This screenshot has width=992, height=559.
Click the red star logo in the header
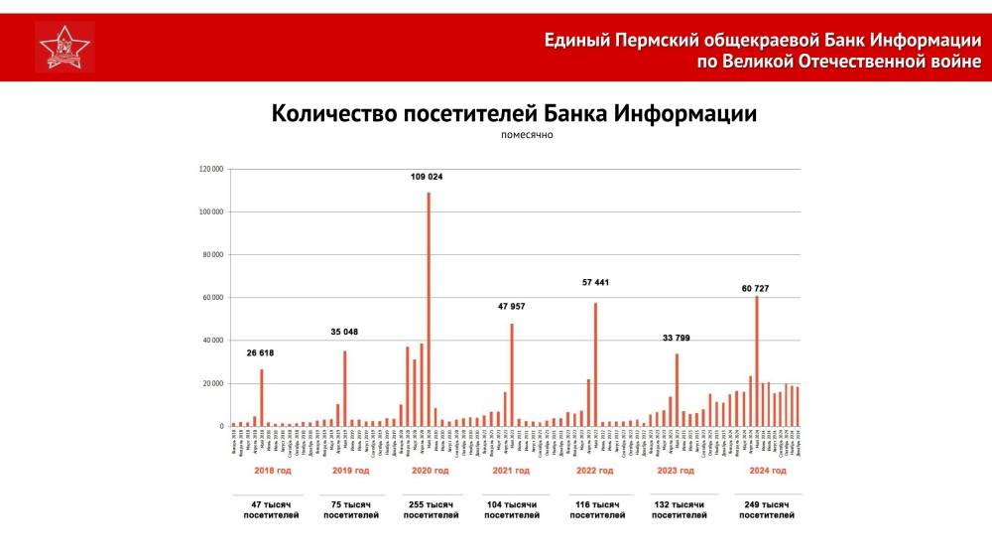64,47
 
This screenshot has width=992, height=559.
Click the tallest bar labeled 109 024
429,308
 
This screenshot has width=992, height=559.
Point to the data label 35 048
344,332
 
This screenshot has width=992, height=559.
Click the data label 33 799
677,338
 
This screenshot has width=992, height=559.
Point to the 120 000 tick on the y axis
209,169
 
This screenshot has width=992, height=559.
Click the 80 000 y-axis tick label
211,255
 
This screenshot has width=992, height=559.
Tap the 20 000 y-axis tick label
211,384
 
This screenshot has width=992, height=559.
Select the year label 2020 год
429,470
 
